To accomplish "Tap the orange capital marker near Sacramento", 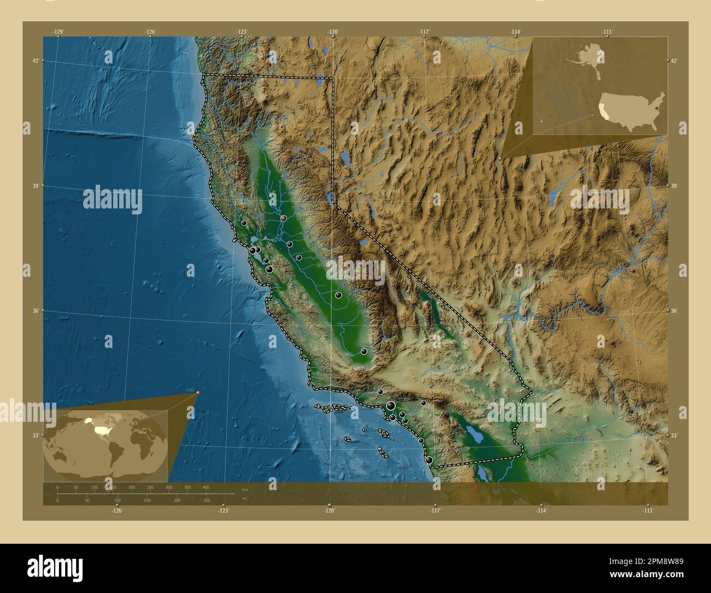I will coord(283,218).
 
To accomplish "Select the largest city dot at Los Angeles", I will coord(391,405).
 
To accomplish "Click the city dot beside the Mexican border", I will coord(429,461).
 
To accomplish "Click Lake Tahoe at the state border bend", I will coord(330,196).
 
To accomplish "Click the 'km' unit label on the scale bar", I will coord(244,489).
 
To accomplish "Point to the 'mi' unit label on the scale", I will coord(244,498).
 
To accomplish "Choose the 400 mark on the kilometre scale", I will coord(206,487).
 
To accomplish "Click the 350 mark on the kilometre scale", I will coord(187,487).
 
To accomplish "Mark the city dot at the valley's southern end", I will coord(364,352).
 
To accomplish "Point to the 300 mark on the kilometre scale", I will coord(168,487).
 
